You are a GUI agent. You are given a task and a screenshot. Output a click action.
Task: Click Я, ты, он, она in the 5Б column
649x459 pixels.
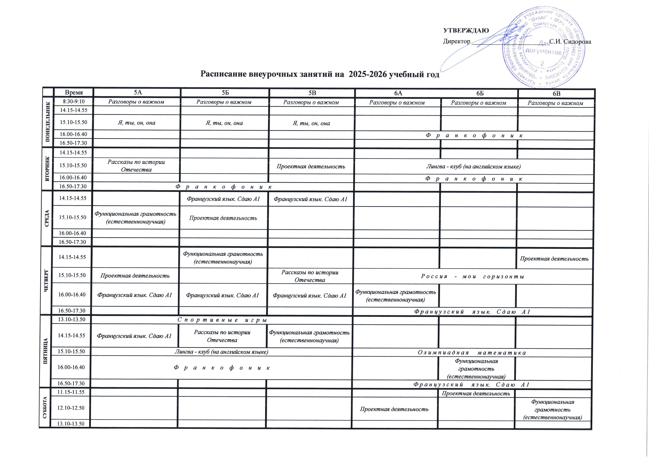click(x=224, y=123)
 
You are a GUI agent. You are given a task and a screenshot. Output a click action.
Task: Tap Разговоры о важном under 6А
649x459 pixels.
click(x=397, y=103)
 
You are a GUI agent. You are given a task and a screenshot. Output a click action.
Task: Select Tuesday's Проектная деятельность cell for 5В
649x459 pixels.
click(x=311, y=166)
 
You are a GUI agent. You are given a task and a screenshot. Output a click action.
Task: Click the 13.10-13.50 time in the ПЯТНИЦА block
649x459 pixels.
click(x=72, y=320)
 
